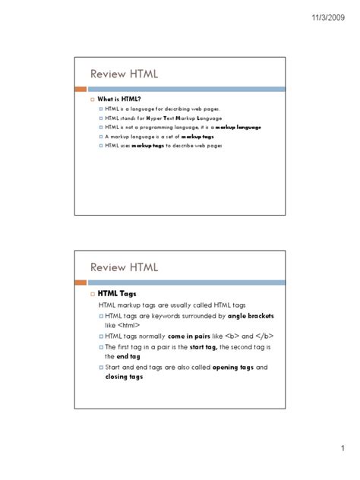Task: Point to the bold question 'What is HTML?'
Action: (119, 99)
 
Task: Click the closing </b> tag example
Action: (264, 336)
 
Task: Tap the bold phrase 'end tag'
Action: (128, 355)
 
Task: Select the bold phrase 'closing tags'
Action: (124, 376)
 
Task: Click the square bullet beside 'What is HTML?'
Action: (91, 100)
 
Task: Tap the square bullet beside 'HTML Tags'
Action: (91, 294)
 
